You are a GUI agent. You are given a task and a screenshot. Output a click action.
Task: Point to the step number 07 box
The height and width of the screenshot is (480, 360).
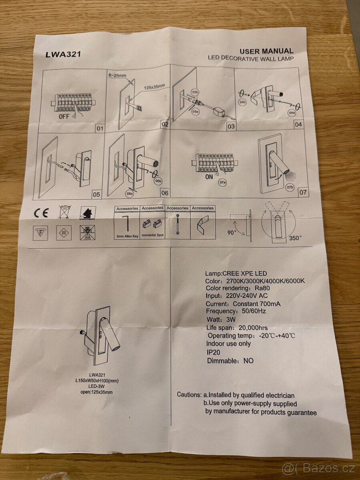(303, 192)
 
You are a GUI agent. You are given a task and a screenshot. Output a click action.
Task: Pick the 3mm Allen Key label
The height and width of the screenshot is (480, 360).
(127, 237)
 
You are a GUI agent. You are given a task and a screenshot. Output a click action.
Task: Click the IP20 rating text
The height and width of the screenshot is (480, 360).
(213, 352)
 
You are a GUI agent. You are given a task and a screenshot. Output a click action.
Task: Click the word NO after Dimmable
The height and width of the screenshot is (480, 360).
(248, 360)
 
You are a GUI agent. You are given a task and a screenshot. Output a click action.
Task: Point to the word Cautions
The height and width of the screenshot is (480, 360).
(189, 394)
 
